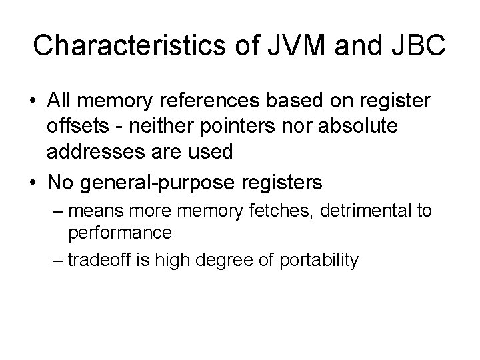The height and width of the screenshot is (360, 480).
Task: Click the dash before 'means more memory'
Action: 57,212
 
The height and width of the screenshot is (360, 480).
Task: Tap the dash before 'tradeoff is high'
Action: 57,259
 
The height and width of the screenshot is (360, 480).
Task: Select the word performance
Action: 120,233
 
